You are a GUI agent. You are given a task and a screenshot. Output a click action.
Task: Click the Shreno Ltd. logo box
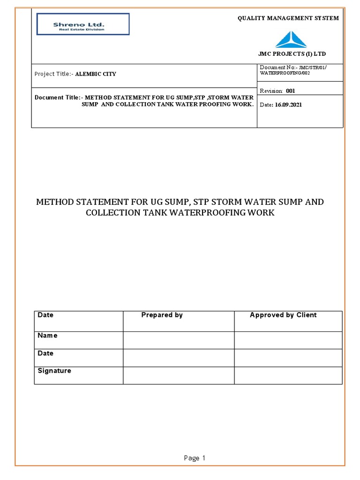(x=82, y=24)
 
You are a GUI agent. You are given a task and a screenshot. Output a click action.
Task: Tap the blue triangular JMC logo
(x=291, y=39)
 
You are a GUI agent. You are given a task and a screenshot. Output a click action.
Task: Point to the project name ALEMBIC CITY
(x=96, y=74)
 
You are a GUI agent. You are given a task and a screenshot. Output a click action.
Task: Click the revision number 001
(x=290, y=91)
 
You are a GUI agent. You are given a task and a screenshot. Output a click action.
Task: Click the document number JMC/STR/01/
(x=313, y=68)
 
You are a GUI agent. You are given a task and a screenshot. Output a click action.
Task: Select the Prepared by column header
(x=162, y=315)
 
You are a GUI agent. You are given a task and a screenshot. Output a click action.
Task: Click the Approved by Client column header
(x=283, y=315)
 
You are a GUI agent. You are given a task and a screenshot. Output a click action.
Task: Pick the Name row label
(x=47, y=336)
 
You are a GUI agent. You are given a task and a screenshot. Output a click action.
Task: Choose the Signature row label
(x=54, y=371)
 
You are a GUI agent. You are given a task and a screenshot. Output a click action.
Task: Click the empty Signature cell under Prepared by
(x=179, y=375)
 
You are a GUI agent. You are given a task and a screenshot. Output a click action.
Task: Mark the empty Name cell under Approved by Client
(x=288, y=340)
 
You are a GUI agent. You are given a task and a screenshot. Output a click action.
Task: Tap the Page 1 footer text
(x=195, y=458)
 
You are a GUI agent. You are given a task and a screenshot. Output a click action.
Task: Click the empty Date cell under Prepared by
(x=179, y=358)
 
